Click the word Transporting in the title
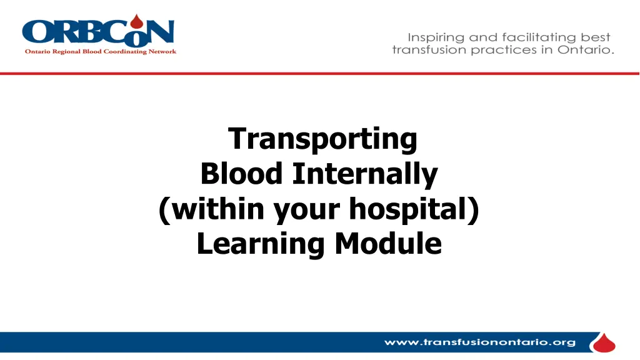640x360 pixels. (322, 139)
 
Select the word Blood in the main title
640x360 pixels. (241, 174)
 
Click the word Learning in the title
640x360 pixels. (261, 244)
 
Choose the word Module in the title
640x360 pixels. (388, 243)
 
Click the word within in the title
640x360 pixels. (217, 209)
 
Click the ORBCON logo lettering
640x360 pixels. (98, 32)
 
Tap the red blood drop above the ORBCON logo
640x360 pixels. (137, 22)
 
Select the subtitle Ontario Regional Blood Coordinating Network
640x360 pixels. (101, 51)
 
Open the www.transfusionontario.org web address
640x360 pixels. (480, 342)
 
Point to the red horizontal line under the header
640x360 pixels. (319, 74)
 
